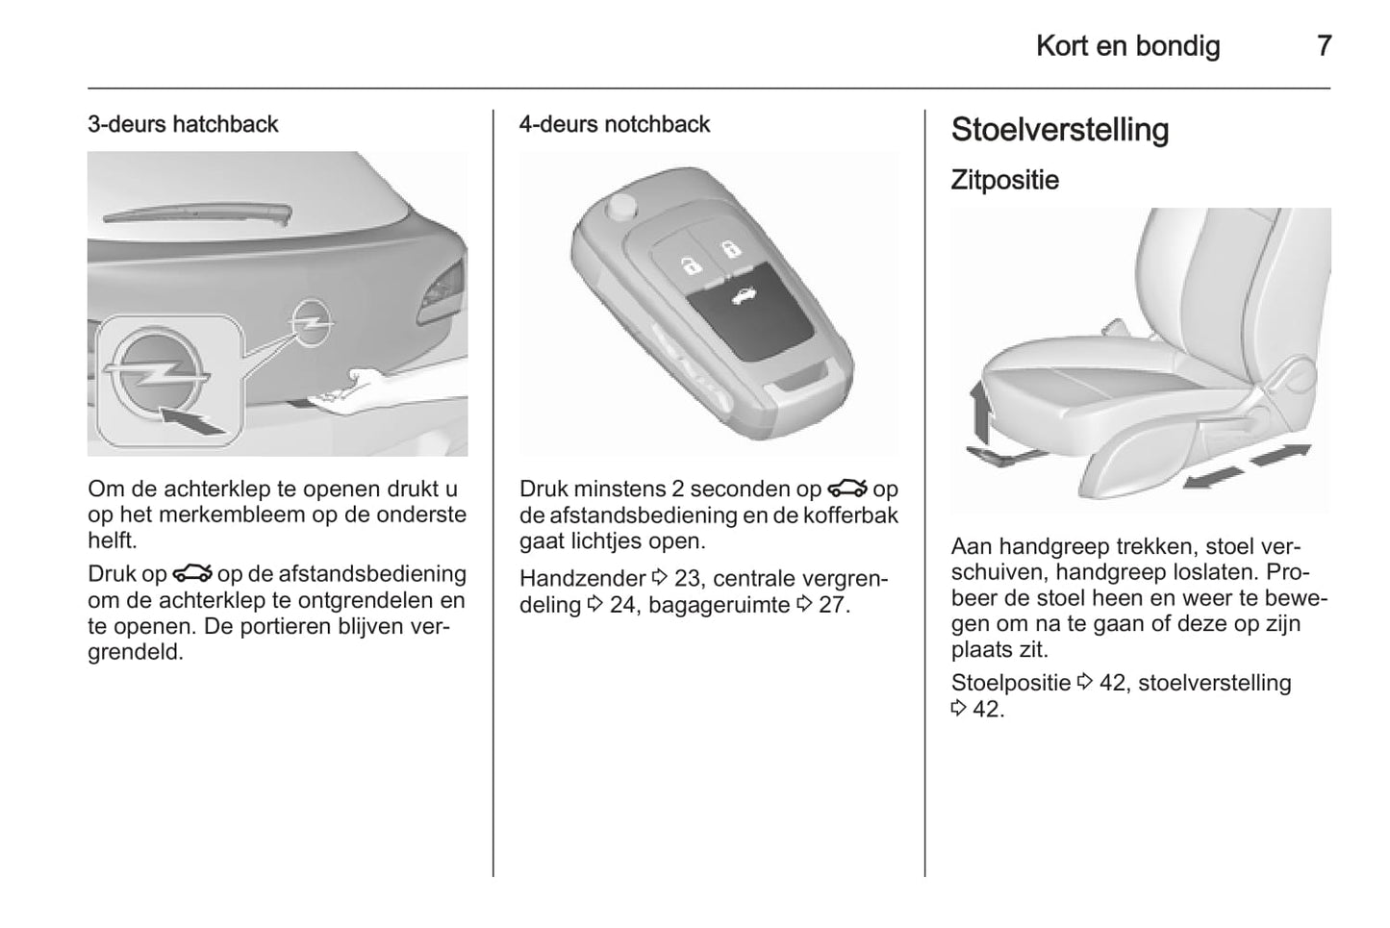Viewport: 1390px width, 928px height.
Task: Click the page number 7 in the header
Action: pyautogui.click(x=1324, y=46)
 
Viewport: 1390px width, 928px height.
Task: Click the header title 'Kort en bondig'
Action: pyautogui.click(x=1127, y=46)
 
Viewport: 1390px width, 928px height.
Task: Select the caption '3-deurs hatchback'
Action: pyautogui.click(x=183, y=124)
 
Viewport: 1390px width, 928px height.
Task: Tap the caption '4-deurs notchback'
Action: pyautogui.click(x=614, y=124)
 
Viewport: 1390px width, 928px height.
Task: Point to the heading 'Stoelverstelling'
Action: pyautogui.click(x=1059, y=131)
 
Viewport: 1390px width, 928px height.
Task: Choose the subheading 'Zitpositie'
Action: pyautogui.click(x=1004, y=180)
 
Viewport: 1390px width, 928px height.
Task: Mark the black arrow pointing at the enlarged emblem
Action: pyautogui.click(x=197, y=419)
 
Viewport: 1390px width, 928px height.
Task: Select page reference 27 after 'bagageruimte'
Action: pyautogui.click(x=832, y=606)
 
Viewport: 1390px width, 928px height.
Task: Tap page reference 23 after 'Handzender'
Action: pyautogui.click(x=687, y=579)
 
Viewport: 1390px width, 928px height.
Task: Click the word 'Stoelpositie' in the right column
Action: pyautogui.click(x=1010, y=683)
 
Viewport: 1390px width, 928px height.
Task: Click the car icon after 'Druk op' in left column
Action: pyautogui.click(x=192, y=574)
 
